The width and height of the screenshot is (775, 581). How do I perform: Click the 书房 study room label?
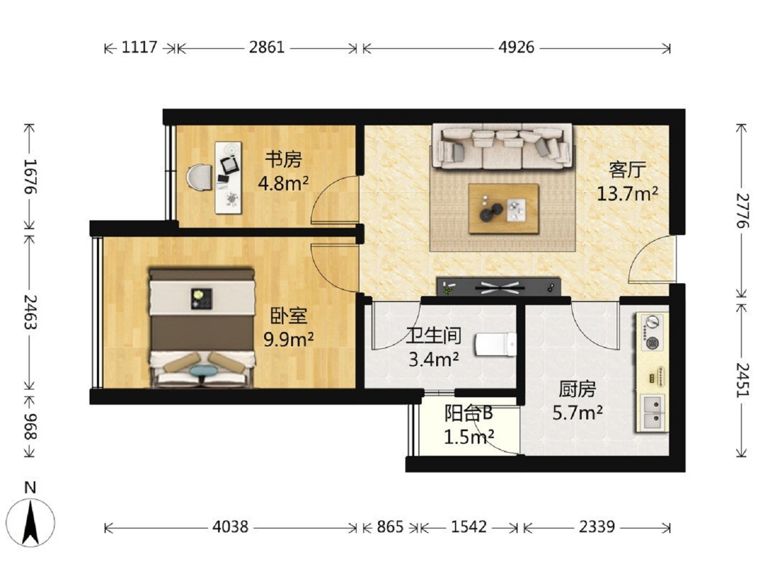[283, 159]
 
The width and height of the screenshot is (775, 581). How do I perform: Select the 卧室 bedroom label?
[288, 316]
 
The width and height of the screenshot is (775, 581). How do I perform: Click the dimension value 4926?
[516, 47]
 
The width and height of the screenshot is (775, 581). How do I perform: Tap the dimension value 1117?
[139, 47]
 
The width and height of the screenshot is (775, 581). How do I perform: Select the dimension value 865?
[390, 527]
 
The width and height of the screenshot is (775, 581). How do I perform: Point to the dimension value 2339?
[596, 527]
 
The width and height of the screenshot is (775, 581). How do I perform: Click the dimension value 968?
[30, 427]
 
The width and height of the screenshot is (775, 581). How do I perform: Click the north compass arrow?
[31, 523]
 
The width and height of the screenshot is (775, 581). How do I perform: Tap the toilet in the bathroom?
[496, 344]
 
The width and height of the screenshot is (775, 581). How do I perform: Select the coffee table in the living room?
[503, 209]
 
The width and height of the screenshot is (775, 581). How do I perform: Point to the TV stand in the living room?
[498, 286]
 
